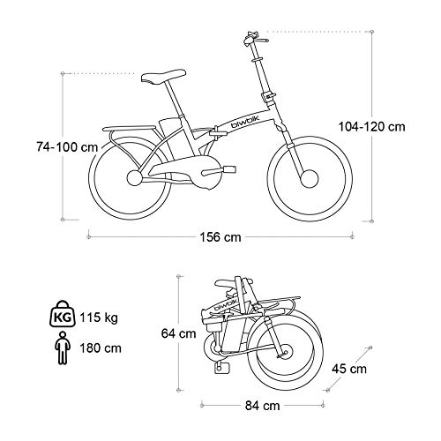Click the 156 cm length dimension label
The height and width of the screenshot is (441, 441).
[x=220, y=237]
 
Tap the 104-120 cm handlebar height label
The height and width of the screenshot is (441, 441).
[x=372, y=127]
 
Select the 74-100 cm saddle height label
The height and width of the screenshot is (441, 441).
[x=67, y=146]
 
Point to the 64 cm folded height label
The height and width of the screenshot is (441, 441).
[x=178, y=333]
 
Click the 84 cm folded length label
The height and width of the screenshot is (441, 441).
[x=263, y=406]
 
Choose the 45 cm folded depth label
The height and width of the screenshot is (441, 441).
[x=349, y=369]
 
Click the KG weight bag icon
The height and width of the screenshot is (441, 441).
[x=63, y=313]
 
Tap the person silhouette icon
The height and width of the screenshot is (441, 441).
[x=63, y=348]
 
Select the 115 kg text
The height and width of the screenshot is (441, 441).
[x=99, y=318]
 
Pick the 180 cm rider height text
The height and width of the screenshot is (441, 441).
[x=101, y=348]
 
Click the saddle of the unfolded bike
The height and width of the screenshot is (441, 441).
[x=163, y=77]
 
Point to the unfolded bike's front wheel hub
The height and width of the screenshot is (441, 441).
[x=309, y=178]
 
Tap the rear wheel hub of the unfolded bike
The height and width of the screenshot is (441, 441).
[x=135, y=178]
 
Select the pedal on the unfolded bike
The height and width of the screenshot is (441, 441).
[x=230, y=169]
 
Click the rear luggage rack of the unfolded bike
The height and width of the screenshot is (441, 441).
[x=129, y=129]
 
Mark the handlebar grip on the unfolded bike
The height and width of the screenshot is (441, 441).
[x=262, y=40]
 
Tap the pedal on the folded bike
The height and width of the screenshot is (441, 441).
[x=222, y=368]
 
